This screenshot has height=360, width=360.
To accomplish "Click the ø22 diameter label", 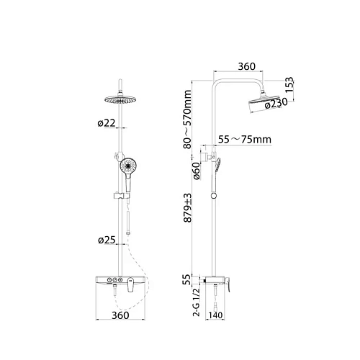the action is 107,123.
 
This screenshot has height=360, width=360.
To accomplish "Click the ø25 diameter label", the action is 107,240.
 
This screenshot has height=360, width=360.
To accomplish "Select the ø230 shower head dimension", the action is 276,103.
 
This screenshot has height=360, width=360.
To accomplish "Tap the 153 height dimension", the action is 289,85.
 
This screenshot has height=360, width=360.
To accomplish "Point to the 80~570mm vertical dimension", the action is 187,120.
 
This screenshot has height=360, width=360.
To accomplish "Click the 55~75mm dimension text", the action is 245,140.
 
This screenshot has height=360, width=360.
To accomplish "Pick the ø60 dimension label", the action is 197,171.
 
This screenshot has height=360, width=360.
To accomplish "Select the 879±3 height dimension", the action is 187,208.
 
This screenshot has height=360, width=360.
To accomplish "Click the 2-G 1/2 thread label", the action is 197,302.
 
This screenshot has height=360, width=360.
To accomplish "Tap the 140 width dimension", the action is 215,315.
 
